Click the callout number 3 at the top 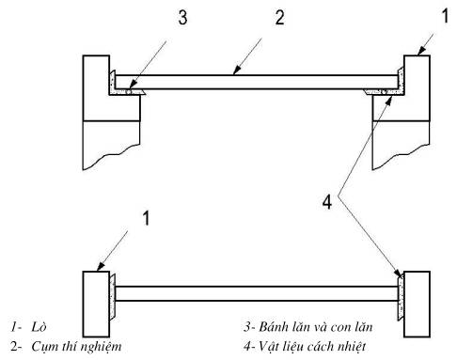182,17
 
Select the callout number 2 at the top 280,17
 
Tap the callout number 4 327,202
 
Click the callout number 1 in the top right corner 446,16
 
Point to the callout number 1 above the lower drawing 146,218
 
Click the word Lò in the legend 39,327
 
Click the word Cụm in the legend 42,347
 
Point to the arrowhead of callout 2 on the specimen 237,70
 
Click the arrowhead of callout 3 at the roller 133,86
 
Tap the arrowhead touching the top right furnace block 421,51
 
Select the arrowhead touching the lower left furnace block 101,267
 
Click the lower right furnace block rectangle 417,304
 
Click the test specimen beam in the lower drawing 257,293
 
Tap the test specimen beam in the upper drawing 257,82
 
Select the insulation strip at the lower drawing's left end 112,296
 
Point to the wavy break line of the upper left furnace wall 111,157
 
